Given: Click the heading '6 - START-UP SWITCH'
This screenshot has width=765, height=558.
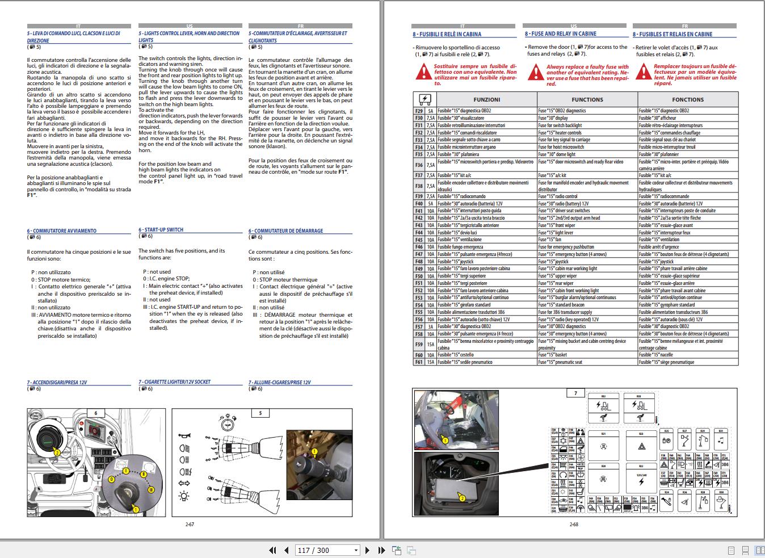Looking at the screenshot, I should (161, 230).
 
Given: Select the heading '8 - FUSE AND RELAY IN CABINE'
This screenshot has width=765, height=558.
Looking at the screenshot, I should (560, 34).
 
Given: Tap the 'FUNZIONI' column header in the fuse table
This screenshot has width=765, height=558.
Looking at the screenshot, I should (486, 99).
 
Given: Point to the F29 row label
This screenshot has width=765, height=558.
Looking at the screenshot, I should (419, 111).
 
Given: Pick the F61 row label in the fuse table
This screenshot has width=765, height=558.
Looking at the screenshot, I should (419, 362).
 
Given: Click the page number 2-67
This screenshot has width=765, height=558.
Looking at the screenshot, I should (190, 525).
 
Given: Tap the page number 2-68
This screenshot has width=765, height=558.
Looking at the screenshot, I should (574, 525).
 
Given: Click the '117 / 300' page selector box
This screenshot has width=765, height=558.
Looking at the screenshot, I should (328, 550).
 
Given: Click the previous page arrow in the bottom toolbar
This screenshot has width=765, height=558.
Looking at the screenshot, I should (286, 550).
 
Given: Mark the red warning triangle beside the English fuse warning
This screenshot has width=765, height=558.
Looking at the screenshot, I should (536, 73).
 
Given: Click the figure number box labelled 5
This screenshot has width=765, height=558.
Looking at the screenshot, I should (260, 413).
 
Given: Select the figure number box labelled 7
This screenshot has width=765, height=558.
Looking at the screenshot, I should (575, 393).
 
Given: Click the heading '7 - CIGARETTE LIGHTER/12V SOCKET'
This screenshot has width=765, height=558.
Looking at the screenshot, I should (174, 382).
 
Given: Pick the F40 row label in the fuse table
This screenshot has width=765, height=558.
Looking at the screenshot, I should (419, 204).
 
